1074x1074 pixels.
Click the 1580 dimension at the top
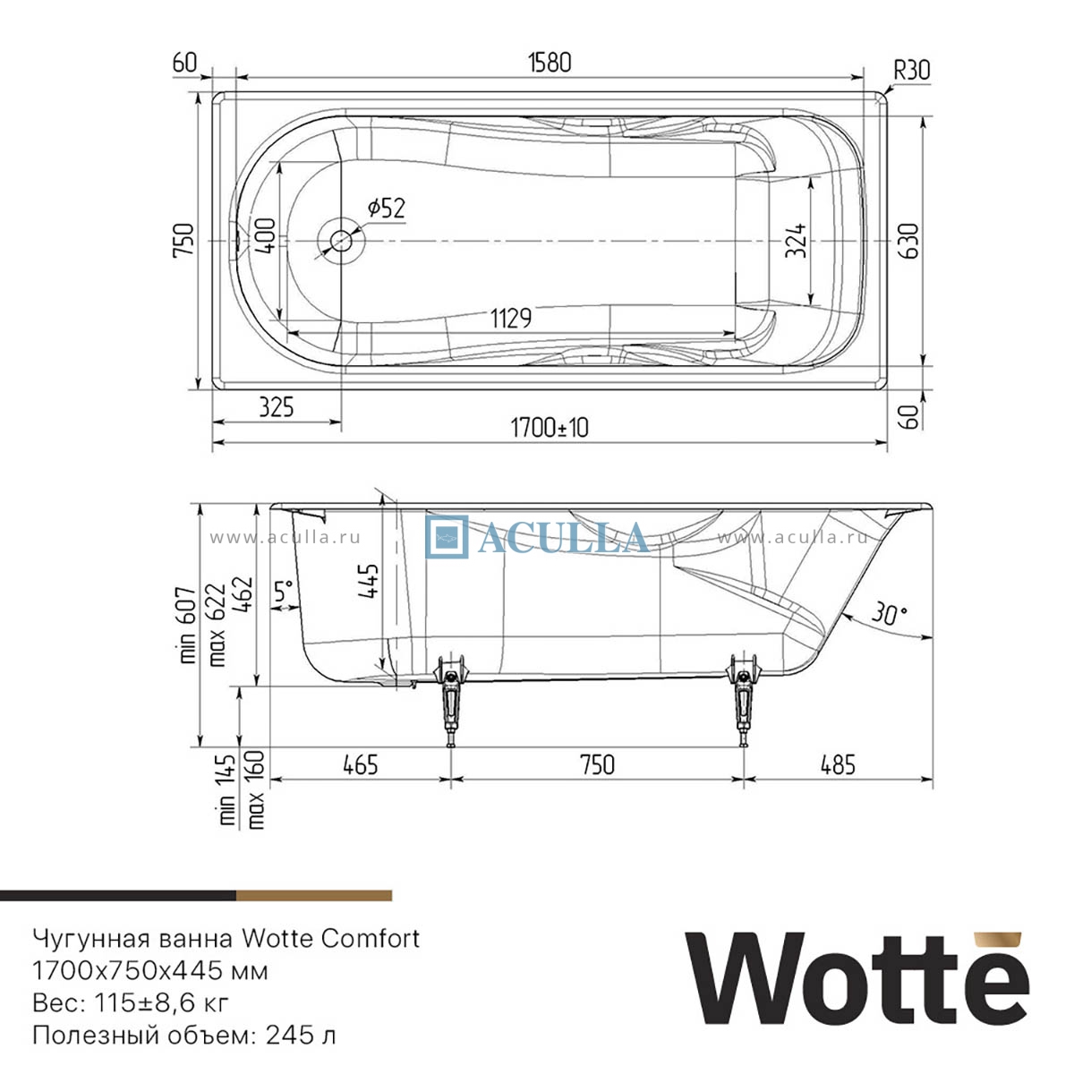[549, 63]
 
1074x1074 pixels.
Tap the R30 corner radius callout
[912, 71]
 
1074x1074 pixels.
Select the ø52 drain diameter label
[387, 208]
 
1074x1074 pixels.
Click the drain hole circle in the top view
[340, 241]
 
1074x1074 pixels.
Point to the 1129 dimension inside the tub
[511, 319]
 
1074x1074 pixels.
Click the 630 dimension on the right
[908, 241]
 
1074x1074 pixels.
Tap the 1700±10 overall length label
[550, 428]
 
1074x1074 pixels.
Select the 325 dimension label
[276, 407]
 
